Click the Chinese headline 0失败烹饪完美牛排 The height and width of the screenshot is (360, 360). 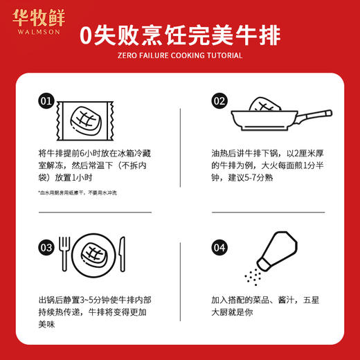(179, 35)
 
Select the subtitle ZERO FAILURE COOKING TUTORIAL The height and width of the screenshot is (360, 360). (179, 55)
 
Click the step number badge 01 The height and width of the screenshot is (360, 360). (46, 101)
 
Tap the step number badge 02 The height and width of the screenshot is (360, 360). (219, 101)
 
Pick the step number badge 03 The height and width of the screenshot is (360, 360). (46, 246)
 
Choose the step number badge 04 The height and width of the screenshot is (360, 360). (219, 246)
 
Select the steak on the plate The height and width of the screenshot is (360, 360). (92, 254)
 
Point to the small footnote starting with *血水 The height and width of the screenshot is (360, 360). (78, 192)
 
